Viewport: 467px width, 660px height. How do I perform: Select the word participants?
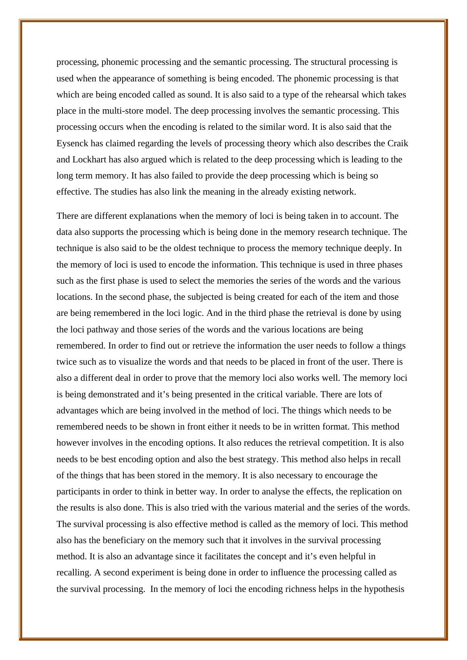77,492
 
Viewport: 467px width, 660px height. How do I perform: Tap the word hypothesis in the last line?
384,589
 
